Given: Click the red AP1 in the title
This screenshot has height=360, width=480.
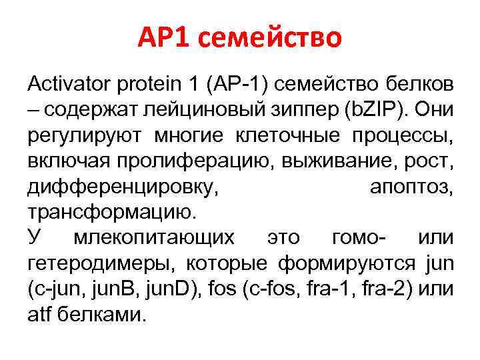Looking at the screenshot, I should pyautogui.click(x=167, y=39).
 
